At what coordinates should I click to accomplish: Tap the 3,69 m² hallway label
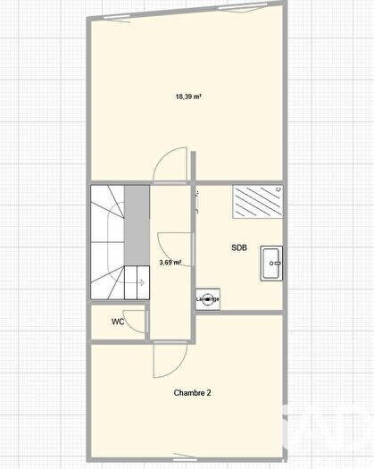coord(170,263)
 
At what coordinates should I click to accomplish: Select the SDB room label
coord(239,247)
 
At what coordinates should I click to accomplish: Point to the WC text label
coord(118,321)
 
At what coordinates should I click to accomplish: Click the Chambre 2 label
coord(192,392)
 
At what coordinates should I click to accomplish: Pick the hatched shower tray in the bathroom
coord(256,203)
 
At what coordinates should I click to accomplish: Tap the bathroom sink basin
coord(271,262)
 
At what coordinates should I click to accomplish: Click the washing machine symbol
coord(207,299)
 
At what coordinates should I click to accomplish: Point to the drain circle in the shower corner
coord(278,189)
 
